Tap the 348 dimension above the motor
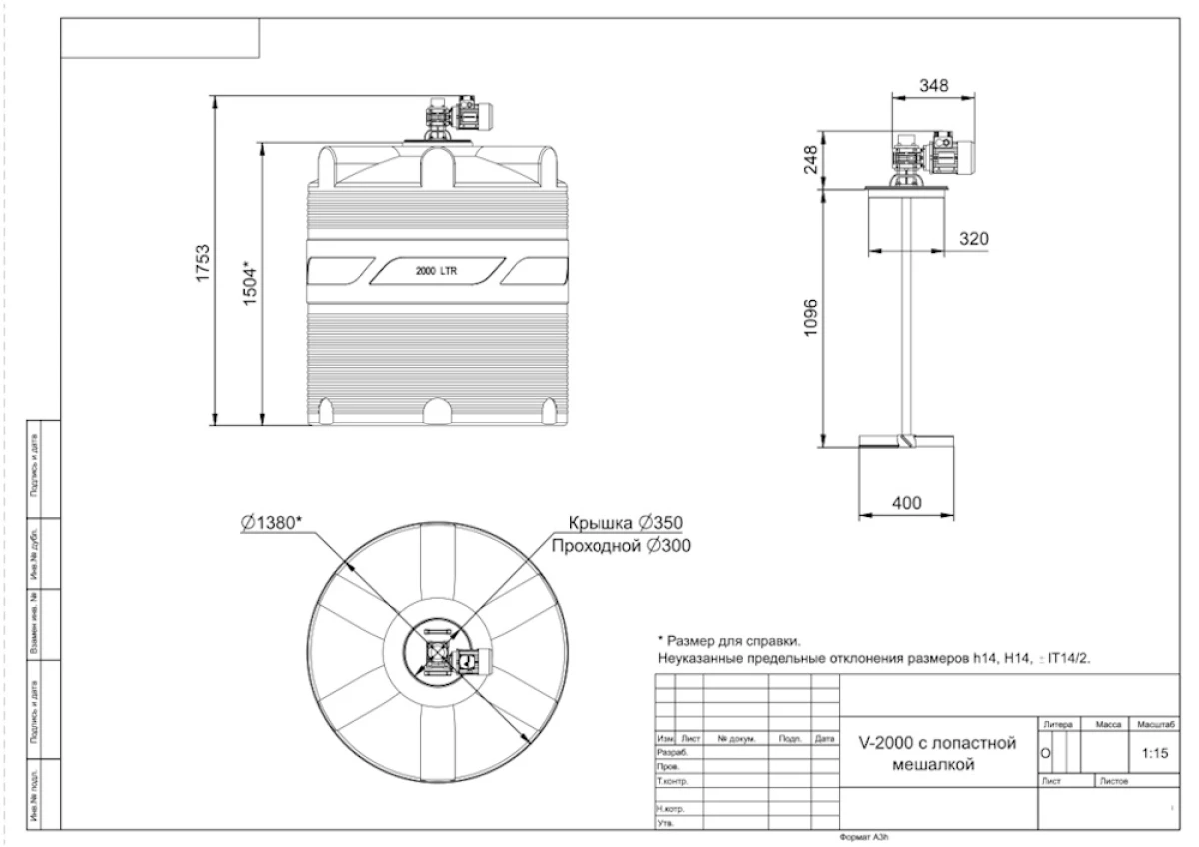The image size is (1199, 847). pyautogui.click(x=933, y=84)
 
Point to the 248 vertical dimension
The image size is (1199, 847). pyautogui.click(x=810, y=159)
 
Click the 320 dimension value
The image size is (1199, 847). pyautogui.click(x=973, y=239)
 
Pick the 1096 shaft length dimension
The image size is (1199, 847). pyautogui.click(x=810, y=317)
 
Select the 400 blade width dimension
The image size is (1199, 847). pyautogui.click(x=906, y=501)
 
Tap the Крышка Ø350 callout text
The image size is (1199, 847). pyautogui.click(x=625, y=523)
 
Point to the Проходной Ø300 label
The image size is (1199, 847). pyautogui.click(x=616, y=546)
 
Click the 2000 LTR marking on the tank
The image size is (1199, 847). pyautogui.click(x=436, y=271)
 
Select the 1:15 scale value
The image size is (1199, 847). pyautogui.click(x=1154, y=754)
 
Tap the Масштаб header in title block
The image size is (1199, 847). pyautogui.click(x=1154, y=722)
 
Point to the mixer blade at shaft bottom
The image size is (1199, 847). pyautogui.click(x=905, y=441)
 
